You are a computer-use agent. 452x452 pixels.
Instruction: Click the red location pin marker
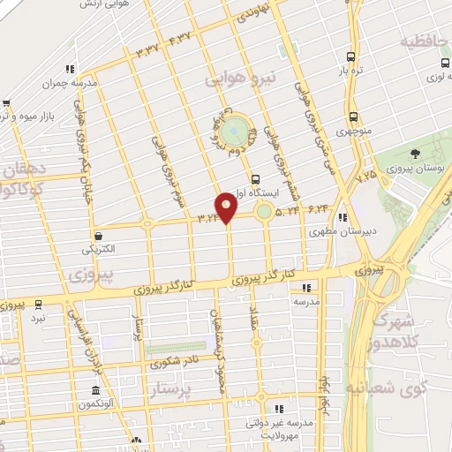[x=227, y=207]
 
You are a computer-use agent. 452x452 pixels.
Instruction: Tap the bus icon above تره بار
[x=351, y=53]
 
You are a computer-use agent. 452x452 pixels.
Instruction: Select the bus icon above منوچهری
[x=353, y=117]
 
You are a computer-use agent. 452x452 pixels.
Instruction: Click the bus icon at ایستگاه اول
[x=256, y=177]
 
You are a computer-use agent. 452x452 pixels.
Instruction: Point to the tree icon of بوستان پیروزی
[x=415, y=154]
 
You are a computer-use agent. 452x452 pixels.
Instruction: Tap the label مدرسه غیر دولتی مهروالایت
[x=285, y=428]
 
